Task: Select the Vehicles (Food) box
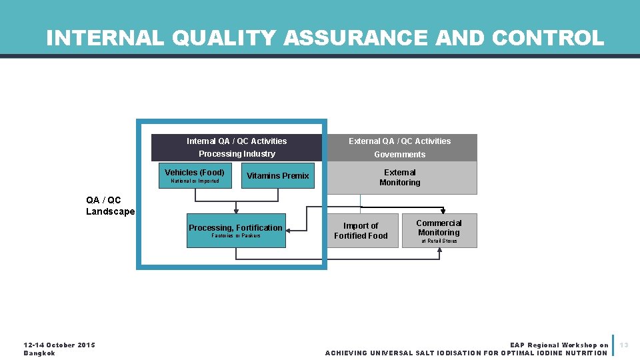point(195,175)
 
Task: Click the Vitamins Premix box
point(277,175)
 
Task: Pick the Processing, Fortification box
point(236,231)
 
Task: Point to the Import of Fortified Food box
point(361,231)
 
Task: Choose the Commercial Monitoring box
point(439,230)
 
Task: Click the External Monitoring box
point(400,177)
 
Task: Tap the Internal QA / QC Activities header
point(237,141)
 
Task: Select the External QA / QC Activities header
point(400,141)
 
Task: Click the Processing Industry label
point(237,154)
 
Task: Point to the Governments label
point(400,155)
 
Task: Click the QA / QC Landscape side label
point(110,206)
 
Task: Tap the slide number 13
point(625,345)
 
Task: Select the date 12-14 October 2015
point(59,345)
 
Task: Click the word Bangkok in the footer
point(39,353)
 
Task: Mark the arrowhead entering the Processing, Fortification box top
point(236,212)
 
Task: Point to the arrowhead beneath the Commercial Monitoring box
point(439,251)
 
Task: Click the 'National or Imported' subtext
point(195,181)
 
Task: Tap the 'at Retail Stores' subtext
point(439,241)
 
